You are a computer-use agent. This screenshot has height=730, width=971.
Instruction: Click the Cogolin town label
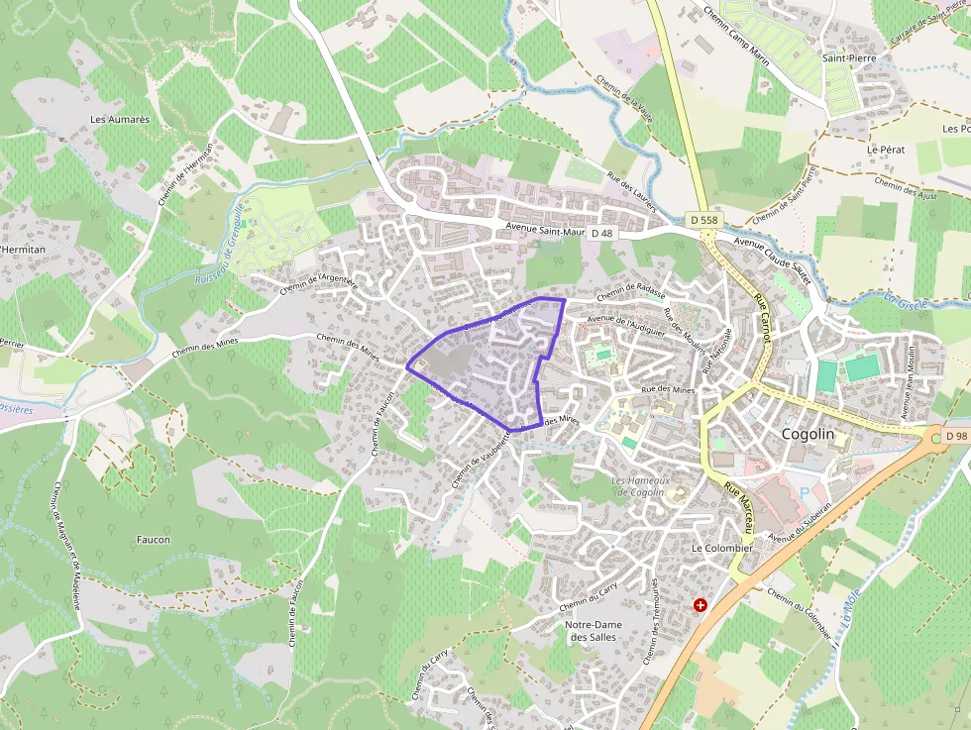tap(808, 435)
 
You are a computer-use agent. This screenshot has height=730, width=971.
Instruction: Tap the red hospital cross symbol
tap(701, 604)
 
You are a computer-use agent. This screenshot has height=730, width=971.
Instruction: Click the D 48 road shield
tap(601, 232)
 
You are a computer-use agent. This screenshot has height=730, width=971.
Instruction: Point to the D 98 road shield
tap(955, 436)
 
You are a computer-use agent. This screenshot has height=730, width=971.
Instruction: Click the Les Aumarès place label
tap(119, 119)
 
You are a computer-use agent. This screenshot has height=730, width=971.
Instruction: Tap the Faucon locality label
tap(154, 540)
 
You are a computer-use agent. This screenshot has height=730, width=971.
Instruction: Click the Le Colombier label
tap(722, 548)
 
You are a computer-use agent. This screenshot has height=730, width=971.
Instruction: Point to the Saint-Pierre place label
tap(849, 58)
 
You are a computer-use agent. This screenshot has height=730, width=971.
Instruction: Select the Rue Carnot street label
tap(763, 317)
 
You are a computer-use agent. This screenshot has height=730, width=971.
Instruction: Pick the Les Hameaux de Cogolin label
tap(641, 486)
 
